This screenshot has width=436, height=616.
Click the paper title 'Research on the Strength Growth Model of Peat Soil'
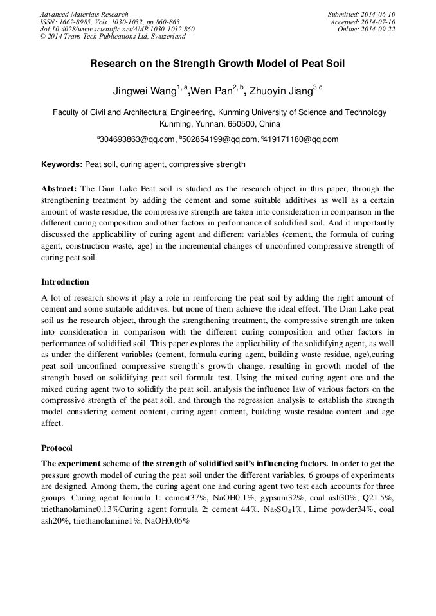217,64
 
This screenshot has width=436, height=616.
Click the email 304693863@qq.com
138,139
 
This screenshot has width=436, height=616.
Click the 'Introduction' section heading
65,281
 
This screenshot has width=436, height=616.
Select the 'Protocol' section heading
57,448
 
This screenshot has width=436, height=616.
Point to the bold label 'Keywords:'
62,164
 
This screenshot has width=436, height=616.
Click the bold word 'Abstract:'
59,189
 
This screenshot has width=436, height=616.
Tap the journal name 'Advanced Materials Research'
84,14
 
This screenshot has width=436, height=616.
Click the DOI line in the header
117,30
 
